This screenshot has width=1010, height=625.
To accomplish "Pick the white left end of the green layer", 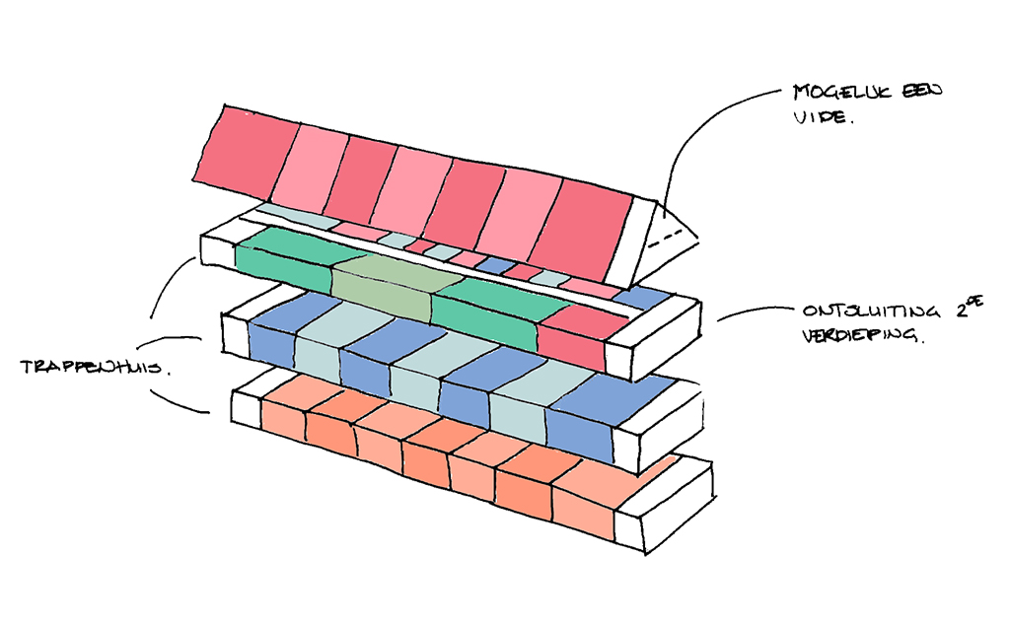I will pyautogui.click(x=218, y=248).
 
